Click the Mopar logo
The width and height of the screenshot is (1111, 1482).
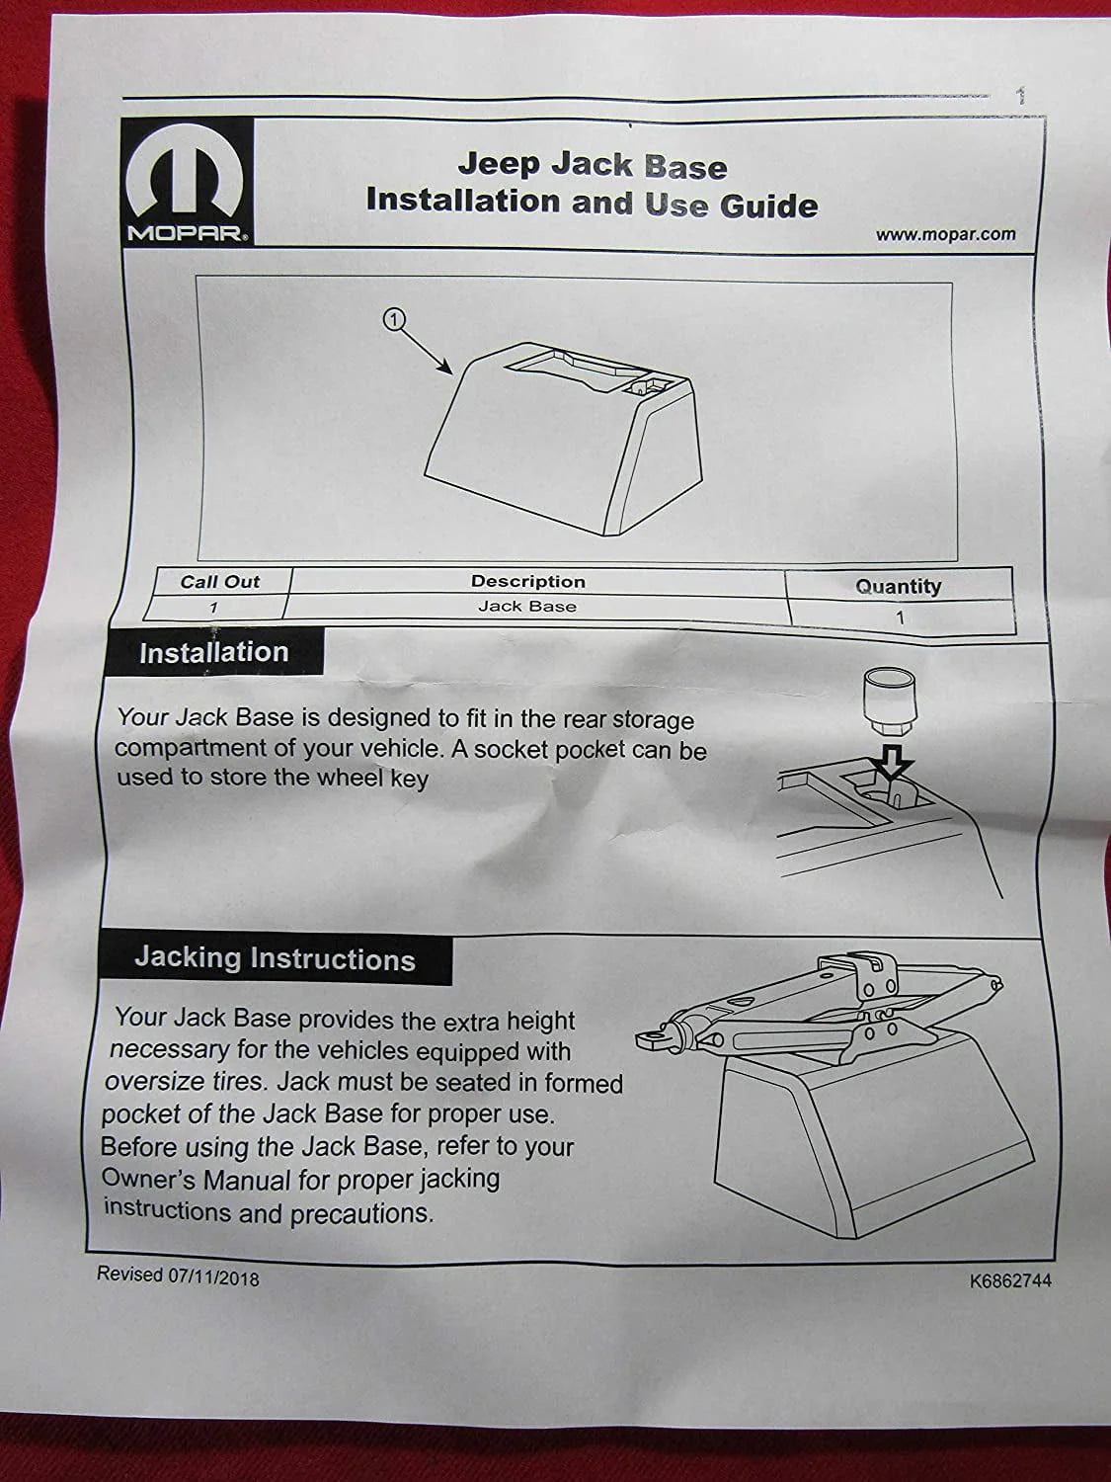point(188,183)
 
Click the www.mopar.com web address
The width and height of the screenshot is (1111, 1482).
point(946,234)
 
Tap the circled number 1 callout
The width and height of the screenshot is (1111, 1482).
point(394,319)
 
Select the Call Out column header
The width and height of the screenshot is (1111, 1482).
point(220,581)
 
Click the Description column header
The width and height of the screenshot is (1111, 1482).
point(528,581)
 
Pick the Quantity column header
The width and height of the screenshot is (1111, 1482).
point(898,586)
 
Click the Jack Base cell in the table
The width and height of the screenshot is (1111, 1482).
point(527,607)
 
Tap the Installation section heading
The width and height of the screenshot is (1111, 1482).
point(214,652)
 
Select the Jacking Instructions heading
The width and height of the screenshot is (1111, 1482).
point(276,958)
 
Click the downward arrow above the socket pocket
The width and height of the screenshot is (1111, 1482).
point(891,762)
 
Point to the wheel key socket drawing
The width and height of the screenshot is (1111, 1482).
point(889,702)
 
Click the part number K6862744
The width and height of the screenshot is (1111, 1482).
point(1010,1280)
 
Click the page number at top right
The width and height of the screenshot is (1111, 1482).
point(1021,96)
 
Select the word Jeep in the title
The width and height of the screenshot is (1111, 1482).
point(499,165)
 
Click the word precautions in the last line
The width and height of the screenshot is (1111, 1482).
point(362,1214)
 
